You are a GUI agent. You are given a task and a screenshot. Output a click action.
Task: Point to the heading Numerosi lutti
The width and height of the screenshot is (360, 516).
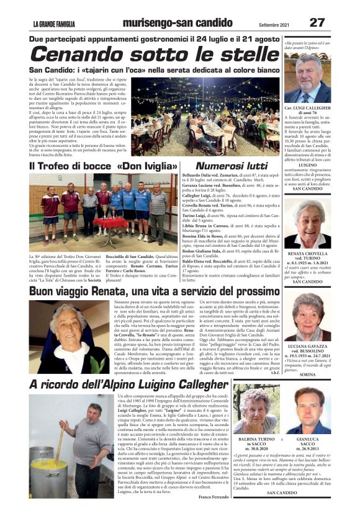pyautogui.click(x=231, y=166)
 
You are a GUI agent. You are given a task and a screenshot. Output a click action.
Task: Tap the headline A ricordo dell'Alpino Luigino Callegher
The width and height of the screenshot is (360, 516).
pyautogui.click(x=147, y=385)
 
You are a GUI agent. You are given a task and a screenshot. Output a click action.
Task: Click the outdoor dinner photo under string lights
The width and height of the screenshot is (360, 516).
pyautogui.click(x=211, y=118)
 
